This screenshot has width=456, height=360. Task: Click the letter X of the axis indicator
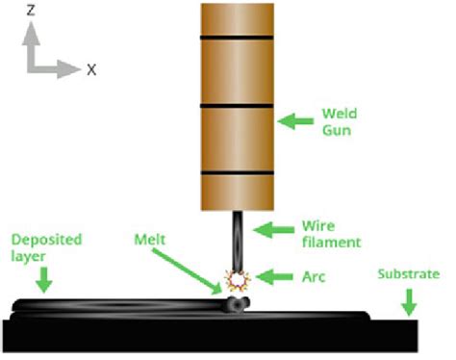tap(91, 69)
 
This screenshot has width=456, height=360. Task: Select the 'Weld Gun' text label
tap(342, 121)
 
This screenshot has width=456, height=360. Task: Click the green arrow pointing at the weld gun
tap(294, 121)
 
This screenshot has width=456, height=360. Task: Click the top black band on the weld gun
tap(237, 38)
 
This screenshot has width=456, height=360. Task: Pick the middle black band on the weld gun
tap(237, 105)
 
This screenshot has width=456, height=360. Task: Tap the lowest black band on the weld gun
tap(237, 173)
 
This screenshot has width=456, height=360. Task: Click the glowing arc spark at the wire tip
tap(234, 280)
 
